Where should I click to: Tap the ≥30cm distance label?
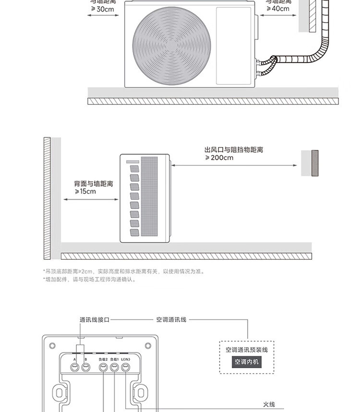103,9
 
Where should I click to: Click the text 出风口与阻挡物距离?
234,150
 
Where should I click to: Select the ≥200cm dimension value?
219,158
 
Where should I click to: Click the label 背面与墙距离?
94,184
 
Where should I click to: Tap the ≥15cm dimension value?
85,192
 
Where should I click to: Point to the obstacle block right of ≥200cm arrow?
310,163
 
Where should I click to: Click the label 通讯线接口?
95,320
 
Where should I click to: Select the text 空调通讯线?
171,320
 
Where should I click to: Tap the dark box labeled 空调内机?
247,362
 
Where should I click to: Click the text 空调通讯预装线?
247,350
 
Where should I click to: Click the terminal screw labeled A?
75,367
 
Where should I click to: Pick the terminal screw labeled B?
86,367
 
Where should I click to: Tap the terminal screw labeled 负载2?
103,367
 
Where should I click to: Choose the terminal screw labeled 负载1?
114,367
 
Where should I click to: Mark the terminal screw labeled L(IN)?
125,367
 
